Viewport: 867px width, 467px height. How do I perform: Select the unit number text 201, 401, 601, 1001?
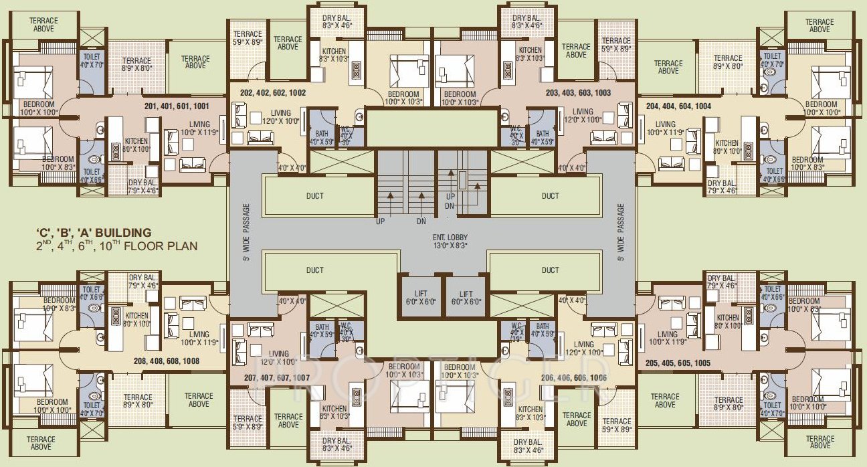[176, 106]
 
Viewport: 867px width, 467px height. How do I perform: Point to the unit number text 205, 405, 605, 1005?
[678, 363]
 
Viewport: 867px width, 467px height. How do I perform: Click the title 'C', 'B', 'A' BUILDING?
[94, 233]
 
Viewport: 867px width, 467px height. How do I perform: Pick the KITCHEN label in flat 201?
[136, 142]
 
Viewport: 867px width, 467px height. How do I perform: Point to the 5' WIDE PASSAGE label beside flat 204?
[620, 232]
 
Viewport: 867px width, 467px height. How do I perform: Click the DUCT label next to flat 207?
[314, 270]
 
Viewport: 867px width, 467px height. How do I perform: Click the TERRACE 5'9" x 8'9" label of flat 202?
[247, 37]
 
